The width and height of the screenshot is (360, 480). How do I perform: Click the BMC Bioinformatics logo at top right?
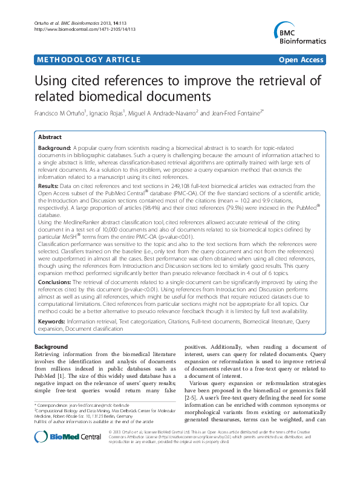(x=296, y=33)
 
